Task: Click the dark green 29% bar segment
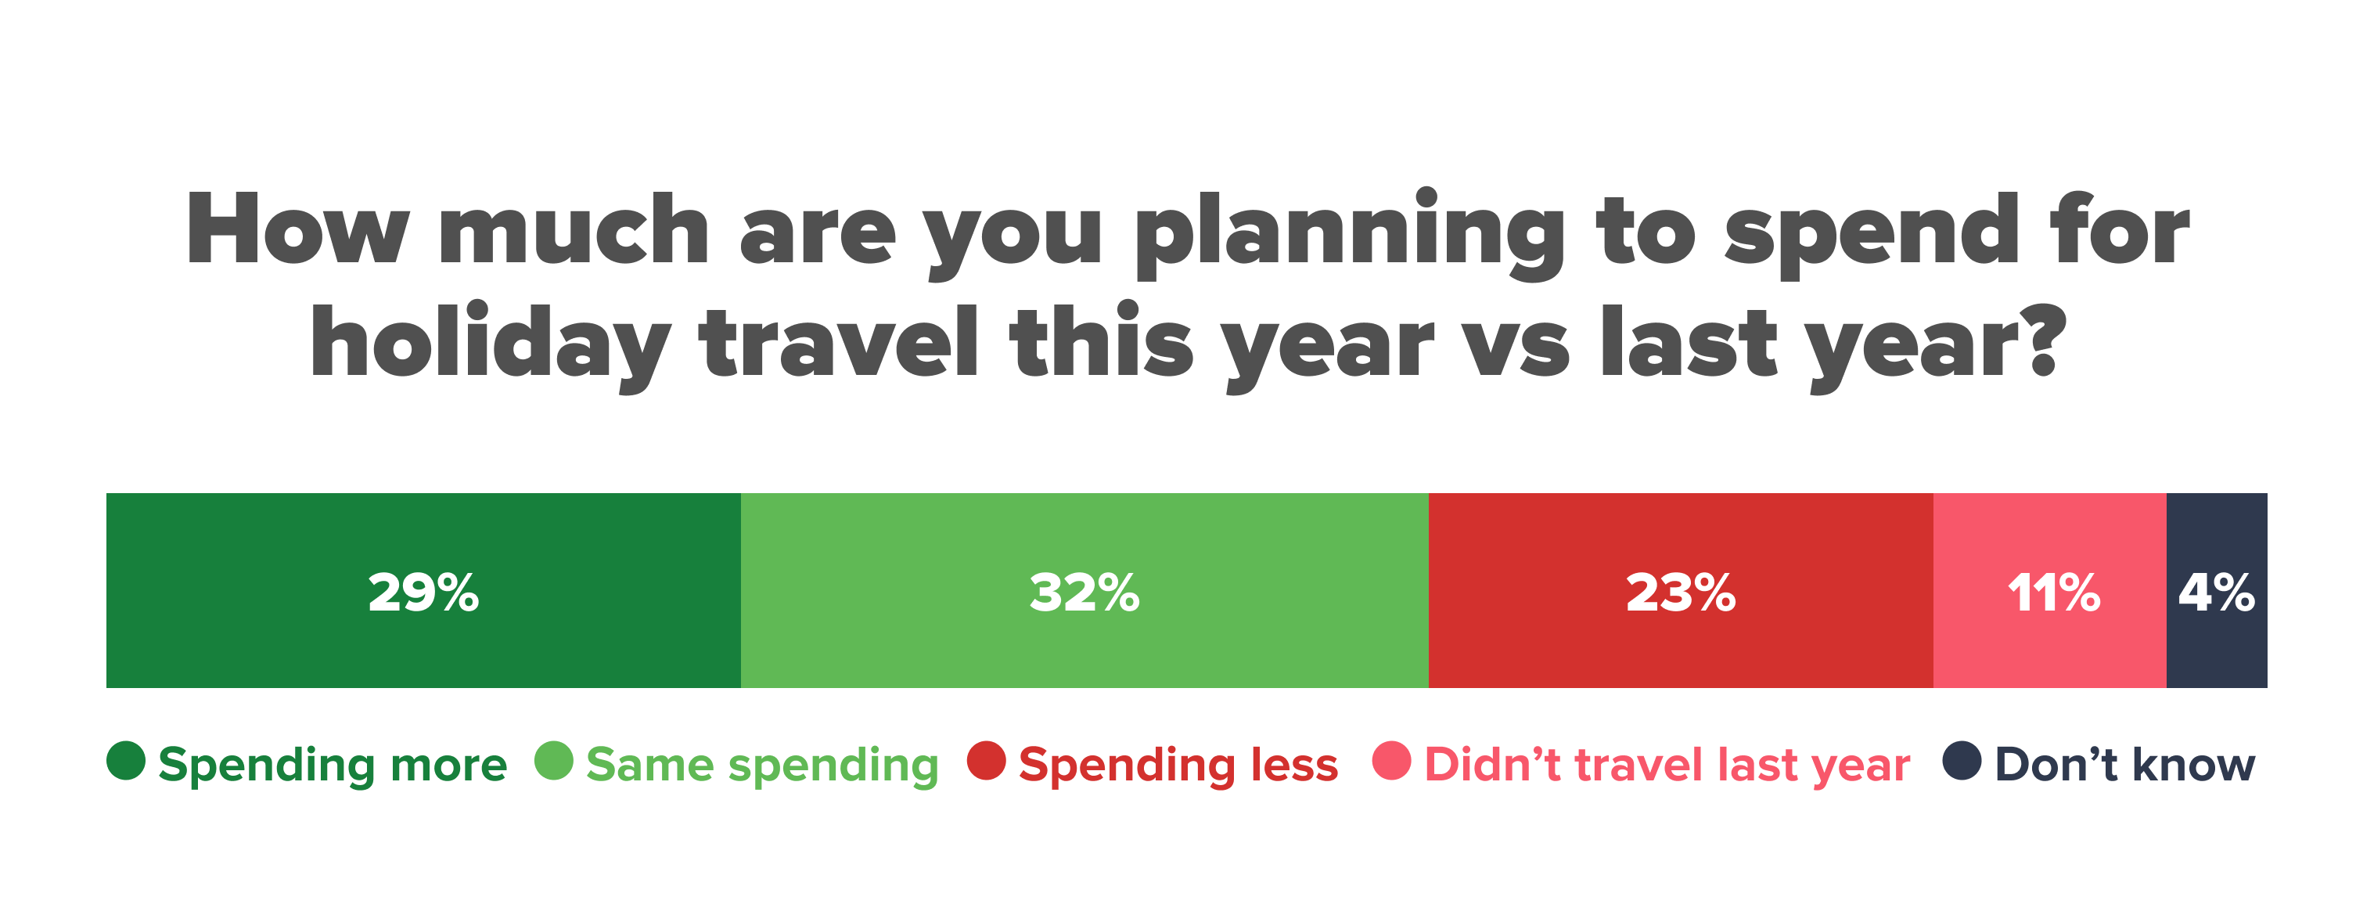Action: pos(423,590)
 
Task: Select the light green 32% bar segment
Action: pos(1084,590)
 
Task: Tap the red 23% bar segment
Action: pos(1681,590)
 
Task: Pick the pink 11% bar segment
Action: pos(2049,590)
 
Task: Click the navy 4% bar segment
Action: pos(2217,590)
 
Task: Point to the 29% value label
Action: pos(423,592)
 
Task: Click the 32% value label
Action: pos(1084,592)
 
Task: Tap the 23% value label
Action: pos(1681,592)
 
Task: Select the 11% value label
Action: pos(2053,592)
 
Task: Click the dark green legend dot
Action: pos(126,761)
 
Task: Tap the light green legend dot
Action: pos(554,761)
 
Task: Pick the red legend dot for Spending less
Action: pos(986,761)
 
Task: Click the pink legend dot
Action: pos(1391,761)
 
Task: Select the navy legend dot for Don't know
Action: pos(1962,761)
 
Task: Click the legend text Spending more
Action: pos(333,765)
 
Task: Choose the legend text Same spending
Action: pos(762,765)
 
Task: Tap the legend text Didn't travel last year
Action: pos(1667,765)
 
